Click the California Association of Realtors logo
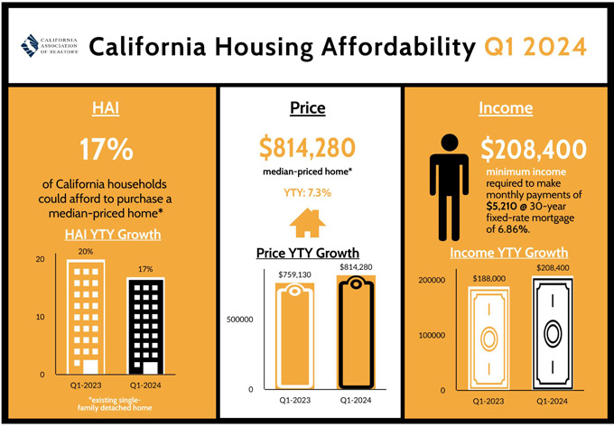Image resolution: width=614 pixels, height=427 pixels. click(x=50, y=46)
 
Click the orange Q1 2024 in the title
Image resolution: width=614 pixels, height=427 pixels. click(x=535, y=47)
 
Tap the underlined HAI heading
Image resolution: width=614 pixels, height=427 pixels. click(x=106, y=108)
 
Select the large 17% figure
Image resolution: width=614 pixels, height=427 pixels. click(x=107, y=149)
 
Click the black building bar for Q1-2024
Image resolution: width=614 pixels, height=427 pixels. click(x=145, y=326)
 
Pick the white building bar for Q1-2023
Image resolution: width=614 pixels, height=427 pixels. click(x=86, y=317)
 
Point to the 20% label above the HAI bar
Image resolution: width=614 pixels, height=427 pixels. click(x=86, y=252)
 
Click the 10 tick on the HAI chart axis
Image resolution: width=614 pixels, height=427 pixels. click(x=41, y=317)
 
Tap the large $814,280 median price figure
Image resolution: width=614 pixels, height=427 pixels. click(x=307, y=148)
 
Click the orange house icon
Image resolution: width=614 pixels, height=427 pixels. click(x=307, y=223)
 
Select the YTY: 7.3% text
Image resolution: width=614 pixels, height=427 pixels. click(x=307, y=193)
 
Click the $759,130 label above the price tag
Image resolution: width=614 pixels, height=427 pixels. click(x=294, y=274)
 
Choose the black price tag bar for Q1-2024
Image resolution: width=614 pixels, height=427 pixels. click(x=356, y=333)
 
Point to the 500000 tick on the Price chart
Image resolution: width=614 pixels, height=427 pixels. click(x=239, y=320)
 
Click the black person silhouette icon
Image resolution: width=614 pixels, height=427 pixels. click(x=449, y=188)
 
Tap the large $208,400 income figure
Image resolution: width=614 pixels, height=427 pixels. click(x=534, y=150)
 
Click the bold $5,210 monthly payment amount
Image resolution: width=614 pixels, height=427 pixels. click(x=498, y=206)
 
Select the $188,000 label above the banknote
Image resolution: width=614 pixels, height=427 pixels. click(x=489, y=279)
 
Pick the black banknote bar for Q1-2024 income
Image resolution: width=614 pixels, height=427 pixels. click(x=553, y=333)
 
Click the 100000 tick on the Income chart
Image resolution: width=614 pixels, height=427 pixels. click(x=432, y=336)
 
